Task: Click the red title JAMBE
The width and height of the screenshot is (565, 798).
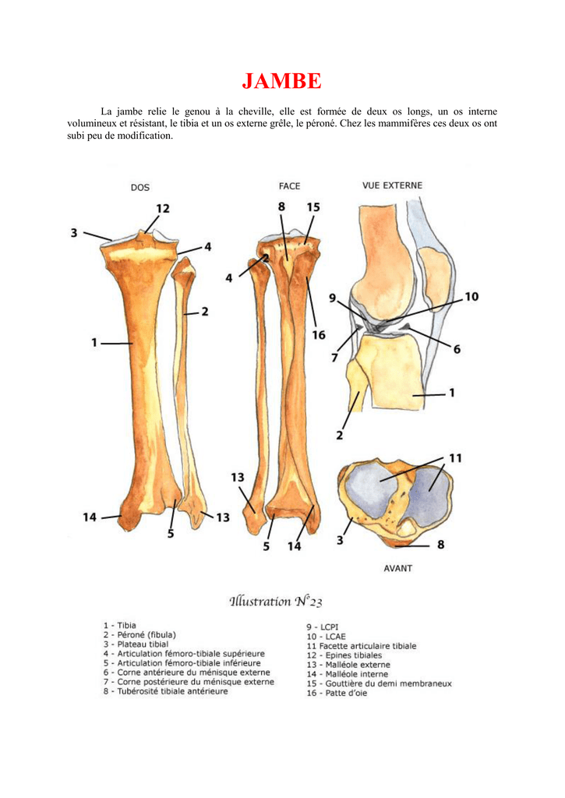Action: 281,81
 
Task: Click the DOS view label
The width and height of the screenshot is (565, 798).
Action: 139,187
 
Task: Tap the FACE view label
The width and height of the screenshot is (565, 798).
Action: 289,186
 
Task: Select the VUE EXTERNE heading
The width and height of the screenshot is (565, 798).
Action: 392,185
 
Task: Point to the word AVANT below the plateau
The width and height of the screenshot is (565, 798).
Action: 397,568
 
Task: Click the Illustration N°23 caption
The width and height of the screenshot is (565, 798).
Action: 276,601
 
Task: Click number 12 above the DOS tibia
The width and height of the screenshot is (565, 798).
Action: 162,208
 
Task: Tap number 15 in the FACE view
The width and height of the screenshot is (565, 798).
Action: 313,207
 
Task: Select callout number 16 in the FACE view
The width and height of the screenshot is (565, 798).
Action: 319,335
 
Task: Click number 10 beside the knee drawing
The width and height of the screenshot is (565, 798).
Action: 471,296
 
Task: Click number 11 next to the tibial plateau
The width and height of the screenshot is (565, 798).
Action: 455,458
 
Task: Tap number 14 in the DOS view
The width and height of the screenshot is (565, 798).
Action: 90,517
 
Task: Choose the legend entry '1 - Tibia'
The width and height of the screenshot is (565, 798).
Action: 119,625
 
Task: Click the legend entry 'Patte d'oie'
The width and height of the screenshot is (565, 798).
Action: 336,693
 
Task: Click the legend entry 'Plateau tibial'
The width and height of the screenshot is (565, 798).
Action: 136,644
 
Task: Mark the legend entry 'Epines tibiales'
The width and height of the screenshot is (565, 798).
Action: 344,655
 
